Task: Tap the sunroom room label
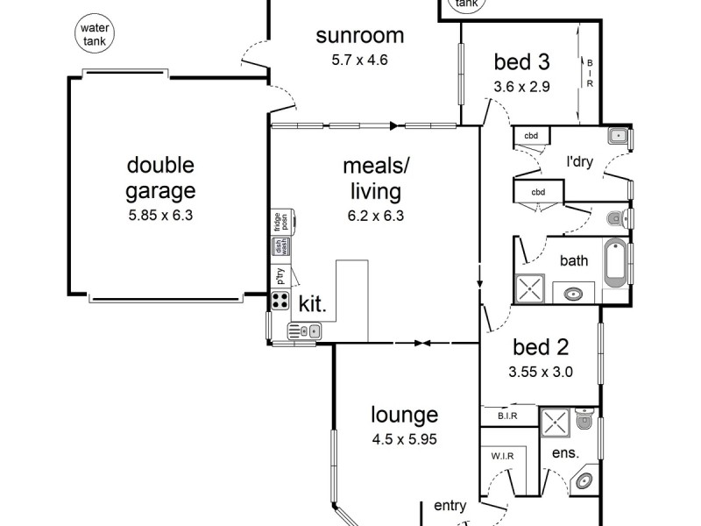click(x=360, y=36)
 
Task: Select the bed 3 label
click(x=521, y=62)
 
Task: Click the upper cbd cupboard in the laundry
click(x=531, y=136)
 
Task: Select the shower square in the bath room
click(x=530, y=288)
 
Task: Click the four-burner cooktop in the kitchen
click(x=281, y=302)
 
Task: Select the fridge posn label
click(x=279, y=222)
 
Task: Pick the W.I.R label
click(x=502, y=457)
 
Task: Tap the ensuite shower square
click(x=556, y=423)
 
